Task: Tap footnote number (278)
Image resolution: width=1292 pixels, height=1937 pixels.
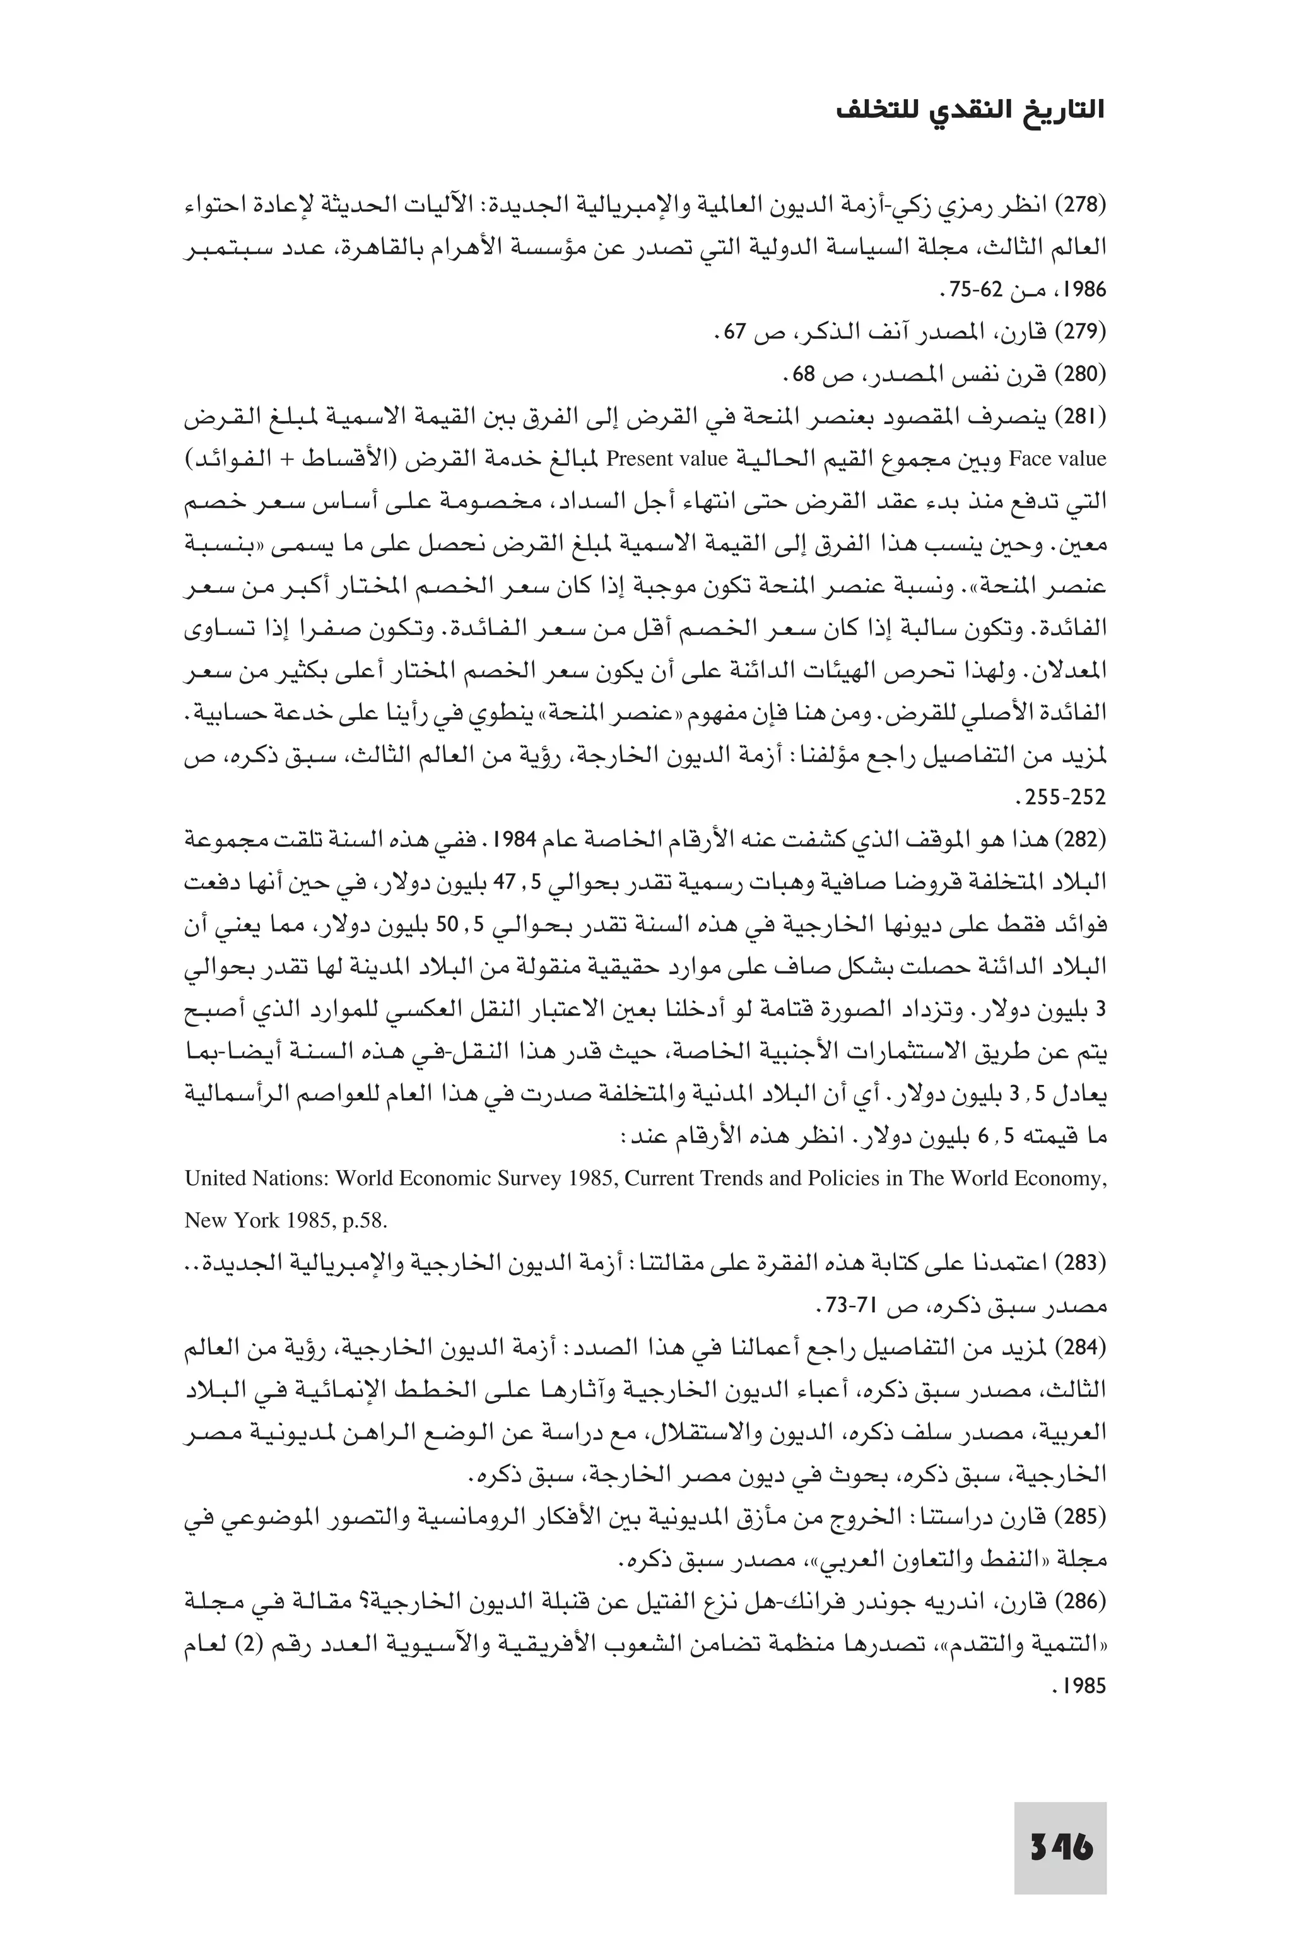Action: click(x=1082, y=204)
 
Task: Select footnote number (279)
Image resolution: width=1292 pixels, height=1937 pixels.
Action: click(x=1082, y=332)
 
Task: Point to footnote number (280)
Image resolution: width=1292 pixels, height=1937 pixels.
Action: click(x=1082, y=375)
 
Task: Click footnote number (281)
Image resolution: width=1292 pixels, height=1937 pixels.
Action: click(x=1082, y=417)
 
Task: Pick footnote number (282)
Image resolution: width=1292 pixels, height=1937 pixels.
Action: click(x=1082, y=841)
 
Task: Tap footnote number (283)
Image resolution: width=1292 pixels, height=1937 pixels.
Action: click(x=1082, y=1264)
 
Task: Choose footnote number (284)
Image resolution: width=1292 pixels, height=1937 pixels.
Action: click(x=1082, y=1349)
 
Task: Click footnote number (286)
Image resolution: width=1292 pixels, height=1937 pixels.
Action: click(x=1082, y=1603)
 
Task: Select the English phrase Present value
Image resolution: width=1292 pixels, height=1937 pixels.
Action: click(x=667, y=459)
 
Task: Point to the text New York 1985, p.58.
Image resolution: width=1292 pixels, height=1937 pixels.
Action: click(x=285, y=1221)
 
